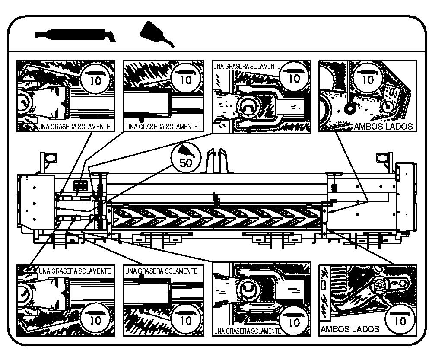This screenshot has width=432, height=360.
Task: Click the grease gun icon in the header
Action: pos(76,35)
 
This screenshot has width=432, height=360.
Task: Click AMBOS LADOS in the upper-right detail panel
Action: pos(383,127)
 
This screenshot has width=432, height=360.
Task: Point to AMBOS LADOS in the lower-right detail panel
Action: pos(350,329)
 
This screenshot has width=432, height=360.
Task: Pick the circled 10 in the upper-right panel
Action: pos(368,77)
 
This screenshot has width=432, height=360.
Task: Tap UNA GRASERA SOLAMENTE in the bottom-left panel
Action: pos(75,271)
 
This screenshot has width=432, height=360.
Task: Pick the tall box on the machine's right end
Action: pos(407,197)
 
